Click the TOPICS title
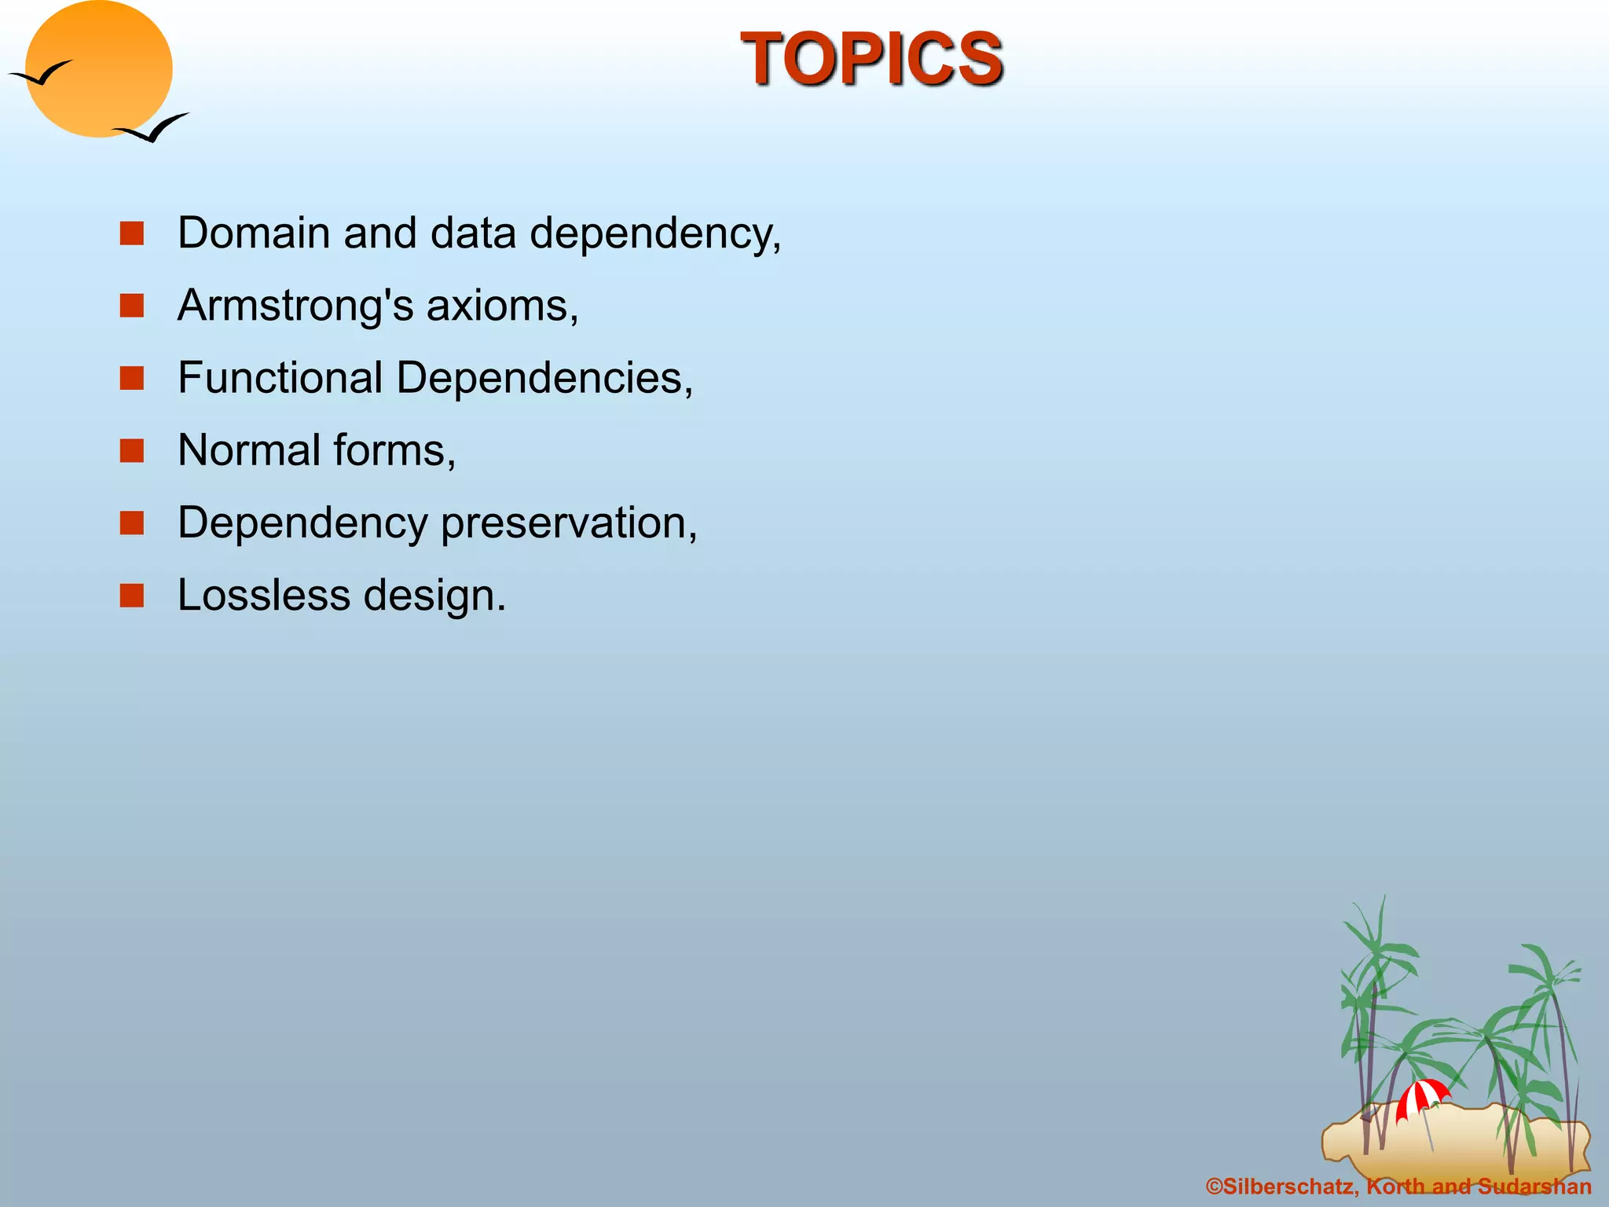tap(871, 59)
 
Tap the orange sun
tap(98, 69)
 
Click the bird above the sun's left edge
tap(41, 74)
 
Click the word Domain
tap(253, 233)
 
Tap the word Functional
tap(280, 378)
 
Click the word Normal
tap(249, 450)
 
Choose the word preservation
tap(568, 523)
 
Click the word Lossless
tap(263, 595)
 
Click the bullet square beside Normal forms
tap(132, 451)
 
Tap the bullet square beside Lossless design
tap(132, 596)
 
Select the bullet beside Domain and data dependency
tap(132, 233)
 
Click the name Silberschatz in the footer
tap(1288, 1187)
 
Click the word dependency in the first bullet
tap(654, 235)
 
